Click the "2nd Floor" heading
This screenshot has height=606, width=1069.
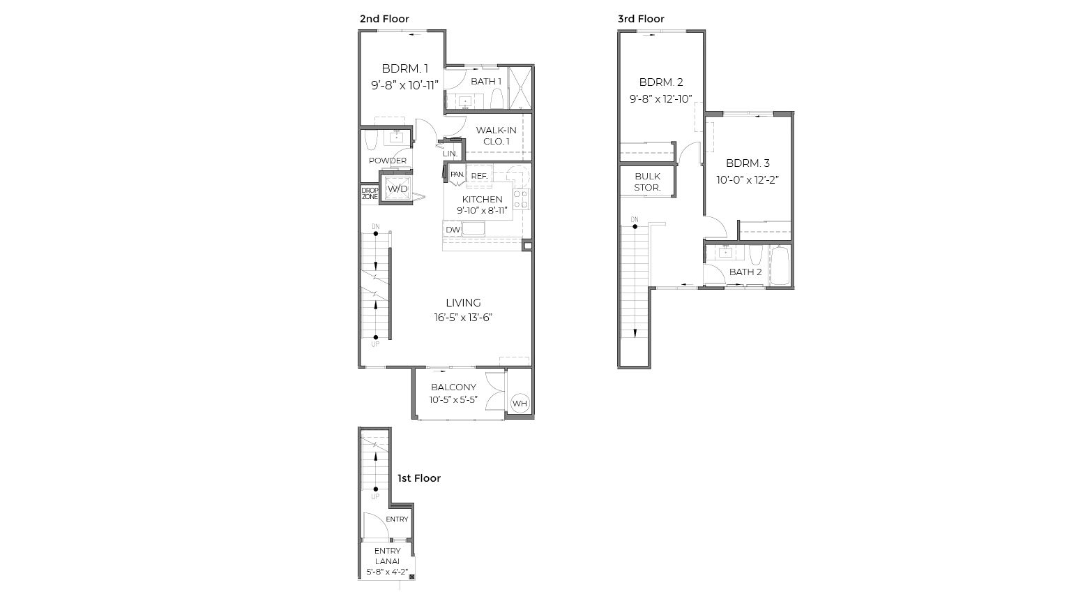pyautogui.click(x=384, y=19)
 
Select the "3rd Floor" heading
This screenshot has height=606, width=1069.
pyautogui.click(x=641, y=19)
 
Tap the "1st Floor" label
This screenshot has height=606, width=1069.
pyautogui.click(x=419, y=478)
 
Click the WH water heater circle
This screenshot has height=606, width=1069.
pyautogui.click(x=520, y=404)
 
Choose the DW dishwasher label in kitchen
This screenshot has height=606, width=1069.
pyautogui.click(x=453, y=230)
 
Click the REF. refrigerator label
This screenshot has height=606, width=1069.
pyautogui.click(x=479, y=177)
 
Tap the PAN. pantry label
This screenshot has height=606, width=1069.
pyautogui.click(x=457, y=175)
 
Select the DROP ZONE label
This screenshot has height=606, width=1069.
pyautogui.click(x=370, y=193)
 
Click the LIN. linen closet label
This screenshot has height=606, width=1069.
pyautogui.click(x=450, y=154)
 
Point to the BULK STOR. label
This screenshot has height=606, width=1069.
pyautogui.click(x=647, y=182)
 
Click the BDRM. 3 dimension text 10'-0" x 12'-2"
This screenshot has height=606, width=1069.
pyautogui.click(x=748, y=179)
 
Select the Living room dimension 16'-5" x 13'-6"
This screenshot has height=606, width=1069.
pyautogui.click(x=463, y=318)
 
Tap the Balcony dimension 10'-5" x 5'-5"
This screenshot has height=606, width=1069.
pyautogui.click(x=453, y=400)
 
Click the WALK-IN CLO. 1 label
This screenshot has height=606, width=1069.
pyautogui.click(x=496, y=135)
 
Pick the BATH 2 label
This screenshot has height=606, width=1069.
pyautogui.click(x=745, y=272)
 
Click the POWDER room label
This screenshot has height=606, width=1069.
pyautogui.click(x=388, y=161)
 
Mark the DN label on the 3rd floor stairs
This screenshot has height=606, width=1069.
pyautogui.click(x=635, y=220)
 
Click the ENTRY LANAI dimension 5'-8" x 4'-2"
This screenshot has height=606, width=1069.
pyautogui.click(x=387, y=572)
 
